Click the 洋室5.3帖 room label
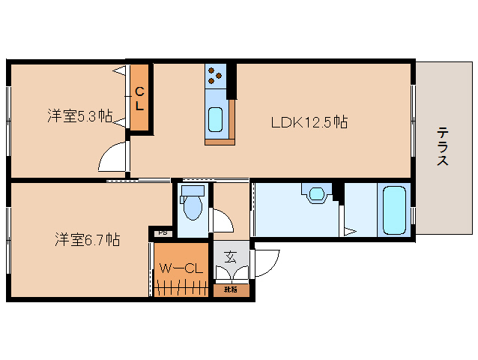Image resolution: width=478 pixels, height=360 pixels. point(80,116)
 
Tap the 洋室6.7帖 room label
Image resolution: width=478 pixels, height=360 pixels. point(87,240)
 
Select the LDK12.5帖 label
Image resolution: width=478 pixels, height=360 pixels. point(309,122)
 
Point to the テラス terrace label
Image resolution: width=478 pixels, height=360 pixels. point(443,146)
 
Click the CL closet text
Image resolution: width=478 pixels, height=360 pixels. point(139,99)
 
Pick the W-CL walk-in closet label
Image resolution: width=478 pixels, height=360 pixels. point(181,268)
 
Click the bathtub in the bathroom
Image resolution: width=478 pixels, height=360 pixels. point(394,210)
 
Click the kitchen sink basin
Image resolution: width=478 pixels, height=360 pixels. point(216,118)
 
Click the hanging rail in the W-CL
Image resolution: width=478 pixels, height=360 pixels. point(181,286)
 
